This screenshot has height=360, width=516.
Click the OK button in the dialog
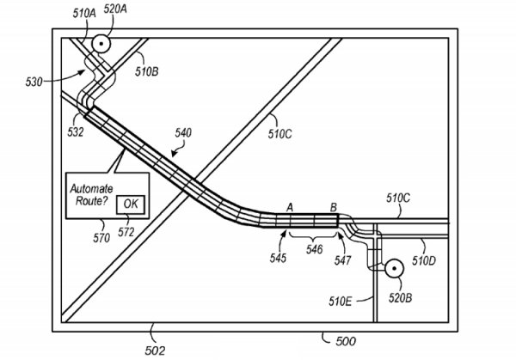[x=130, y=204]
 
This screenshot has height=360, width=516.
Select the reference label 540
[x=182, y=133]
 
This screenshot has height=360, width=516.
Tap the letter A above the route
[x=290, y=207]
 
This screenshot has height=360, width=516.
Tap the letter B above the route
[x=334, y=207]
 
